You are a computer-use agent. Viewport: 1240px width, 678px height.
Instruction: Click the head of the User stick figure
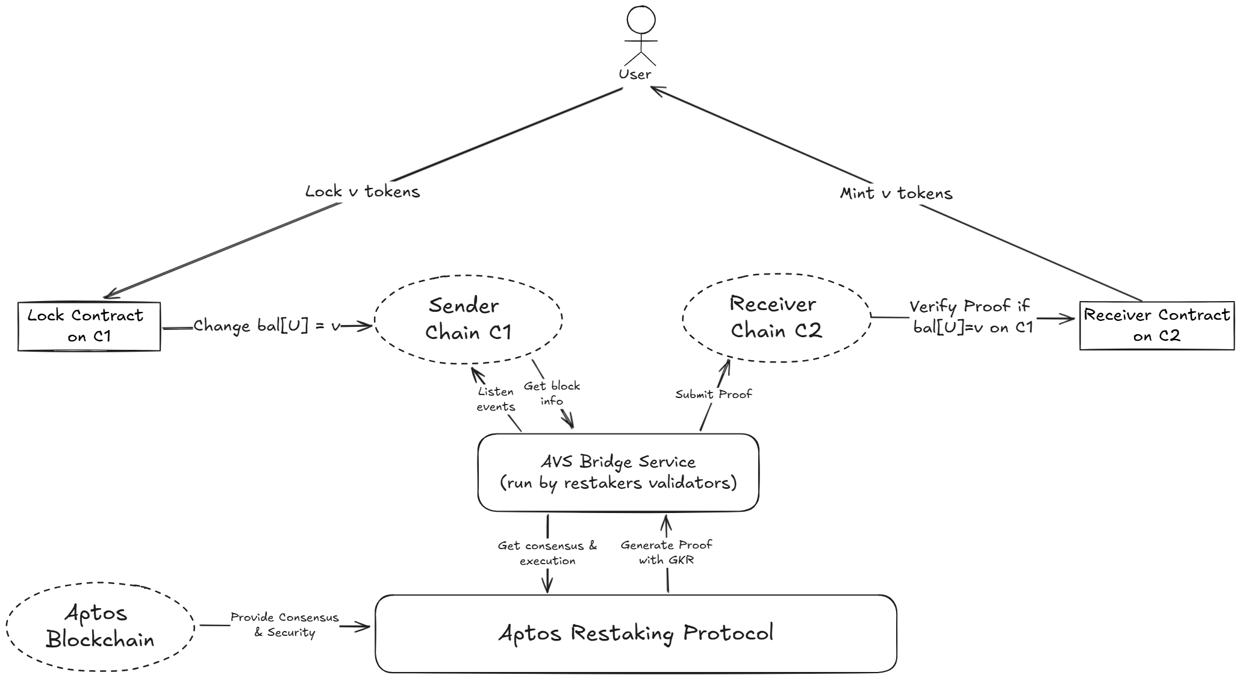point(640,20)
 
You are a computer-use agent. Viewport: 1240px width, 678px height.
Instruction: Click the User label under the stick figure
point(635,75)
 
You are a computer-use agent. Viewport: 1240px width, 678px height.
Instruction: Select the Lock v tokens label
point(362,192)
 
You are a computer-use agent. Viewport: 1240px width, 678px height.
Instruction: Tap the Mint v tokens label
point(896,194)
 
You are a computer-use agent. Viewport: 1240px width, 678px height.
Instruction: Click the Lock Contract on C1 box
point(89,326)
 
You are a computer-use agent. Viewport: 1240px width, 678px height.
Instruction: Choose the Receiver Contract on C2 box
point(1156,326)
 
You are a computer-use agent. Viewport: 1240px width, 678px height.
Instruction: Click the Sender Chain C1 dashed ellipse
point(468,320)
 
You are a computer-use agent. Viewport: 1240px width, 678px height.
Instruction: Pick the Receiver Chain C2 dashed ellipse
point(776,318)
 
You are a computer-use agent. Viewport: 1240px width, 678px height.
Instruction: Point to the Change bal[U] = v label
point(267,326)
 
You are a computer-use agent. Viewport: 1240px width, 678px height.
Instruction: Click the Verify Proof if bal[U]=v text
point(970,317)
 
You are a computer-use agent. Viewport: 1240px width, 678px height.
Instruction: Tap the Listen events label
point(496,399)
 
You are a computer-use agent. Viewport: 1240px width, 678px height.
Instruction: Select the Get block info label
point(552,393)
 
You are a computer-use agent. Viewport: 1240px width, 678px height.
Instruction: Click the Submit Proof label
point(714,394)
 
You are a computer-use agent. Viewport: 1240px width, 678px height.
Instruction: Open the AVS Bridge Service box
point(618,473)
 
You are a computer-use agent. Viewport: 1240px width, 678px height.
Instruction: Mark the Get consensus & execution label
point(547,553)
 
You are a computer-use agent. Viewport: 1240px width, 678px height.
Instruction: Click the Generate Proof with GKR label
point(666,552)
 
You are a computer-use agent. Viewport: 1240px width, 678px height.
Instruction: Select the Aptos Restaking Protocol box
point(635,633)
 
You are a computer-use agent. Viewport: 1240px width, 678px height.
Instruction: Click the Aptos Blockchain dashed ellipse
point(100,627)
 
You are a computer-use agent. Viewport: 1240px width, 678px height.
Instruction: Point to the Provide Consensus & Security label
point(284,625)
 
